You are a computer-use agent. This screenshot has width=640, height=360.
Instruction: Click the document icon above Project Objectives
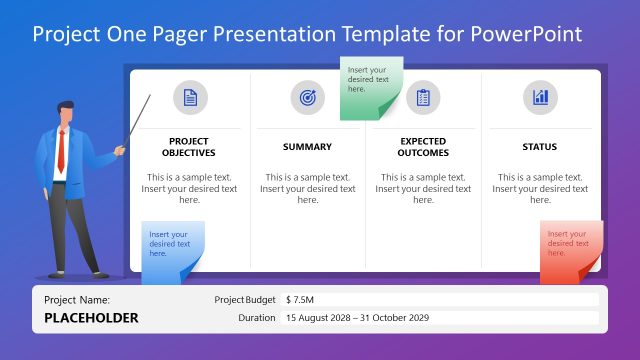(190, 97)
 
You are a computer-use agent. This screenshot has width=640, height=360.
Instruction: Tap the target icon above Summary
(307, 97)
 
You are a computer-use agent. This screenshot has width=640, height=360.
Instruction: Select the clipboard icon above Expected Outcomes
(423, 97)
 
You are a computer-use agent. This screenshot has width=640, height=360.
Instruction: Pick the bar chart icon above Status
(540, 97)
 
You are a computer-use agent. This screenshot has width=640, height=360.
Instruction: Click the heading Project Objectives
(189, 147)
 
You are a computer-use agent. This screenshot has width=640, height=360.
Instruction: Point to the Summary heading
(307, 147)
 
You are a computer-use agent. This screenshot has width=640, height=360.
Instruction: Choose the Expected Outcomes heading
(423, 147)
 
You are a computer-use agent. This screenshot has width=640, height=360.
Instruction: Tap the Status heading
(540, 147)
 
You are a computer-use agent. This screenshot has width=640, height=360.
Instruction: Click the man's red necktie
(61, 150)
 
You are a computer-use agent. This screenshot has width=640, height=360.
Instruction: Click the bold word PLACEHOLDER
(92, 318)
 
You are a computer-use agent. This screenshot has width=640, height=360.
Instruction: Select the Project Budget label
(245, 299)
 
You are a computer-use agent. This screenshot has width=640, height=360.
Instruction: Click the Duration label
(257, 318)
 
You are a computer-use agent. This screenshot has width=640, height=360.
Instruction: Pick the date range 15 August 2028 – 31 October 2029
(357, 318)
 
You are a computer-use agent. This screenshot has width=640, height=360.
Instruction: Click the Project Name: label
(77, 299)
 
